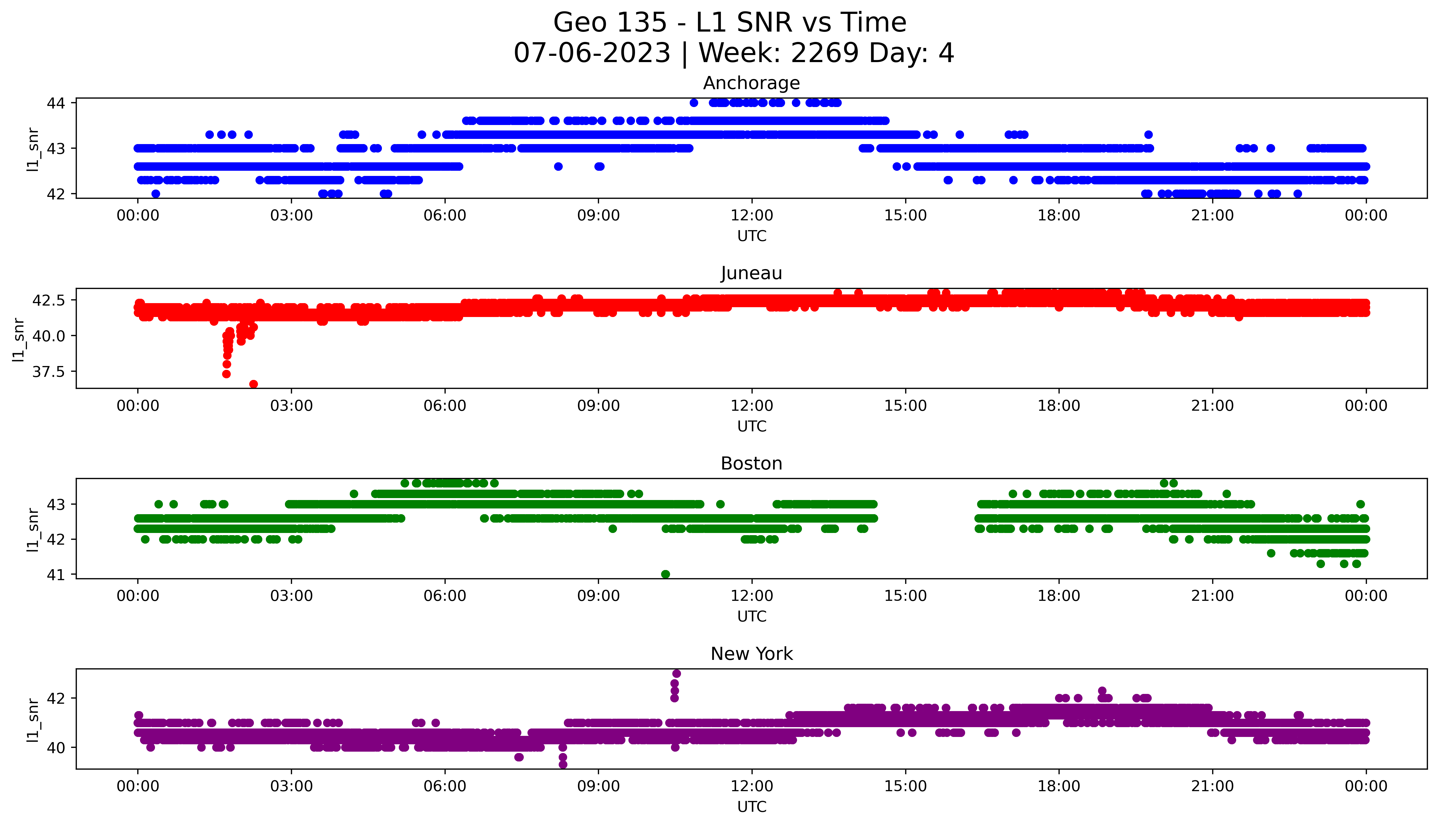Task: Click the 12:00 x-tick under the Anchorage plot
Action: tap(752, 216)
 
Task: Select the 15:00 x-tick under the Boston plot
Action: tap(905, 596)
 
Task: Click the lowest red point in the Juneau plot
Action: tap(254, 384)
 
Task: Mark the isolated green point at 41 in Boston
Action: tap(665, 574)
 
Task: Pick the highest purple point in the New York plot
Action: tap(676, 673)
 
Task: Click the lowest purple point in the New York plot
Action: tap(563, 764)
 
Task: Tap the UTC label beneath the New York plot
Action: tap(752, 807)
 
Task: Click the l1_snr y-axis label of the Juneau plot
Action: tap(19, 339)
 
